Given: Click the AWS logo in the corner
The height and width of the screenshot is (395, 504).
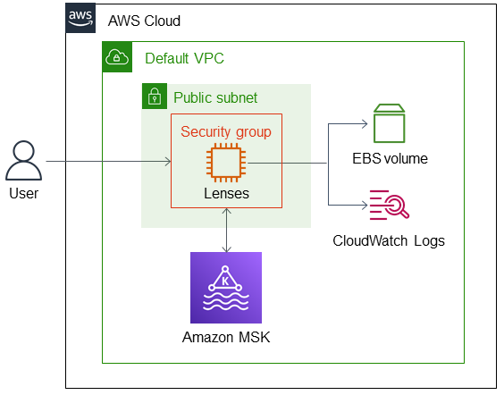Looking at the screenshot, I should click(x=81, y=19).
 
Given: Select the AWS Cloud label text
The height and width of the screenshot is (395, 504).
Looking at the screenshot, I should click(x=144, y=21).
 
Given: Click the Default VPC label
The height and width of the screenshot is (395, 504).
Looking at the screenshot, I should click(x=184, y=59).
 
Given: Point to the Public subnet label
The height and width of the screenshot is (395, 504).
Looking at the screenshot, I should click(x=215, y=97).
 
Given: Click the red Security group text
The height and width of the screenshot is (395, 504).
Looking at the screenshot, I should click(x=226, y=131).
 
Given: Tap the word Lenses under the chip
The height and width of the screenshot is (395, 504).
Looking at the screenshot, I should click(x=226, y=193).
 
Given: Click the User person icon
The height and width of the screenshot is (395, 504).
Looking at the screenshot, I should click(x=23, y=162).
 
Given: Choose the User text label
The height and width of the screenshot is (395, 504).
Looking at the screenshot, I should click(x=23, y=193).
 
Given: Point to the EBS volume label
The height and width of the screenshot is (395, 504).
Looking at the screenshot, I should click(x=390, y=159).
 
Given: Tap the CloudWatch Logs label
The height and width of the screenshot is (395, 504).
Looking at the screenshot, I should click(x=389, y=240).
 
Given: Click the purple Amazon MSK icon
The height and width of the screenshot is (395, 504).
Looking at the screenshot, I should click(x=226, y=287).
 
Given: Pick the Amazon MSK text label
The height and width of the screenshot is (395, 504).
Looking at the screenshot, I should click(x=226, y=337).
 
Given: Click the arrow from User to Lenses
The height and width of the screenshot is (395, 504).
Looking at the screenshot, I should click(x=107, y=163).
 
